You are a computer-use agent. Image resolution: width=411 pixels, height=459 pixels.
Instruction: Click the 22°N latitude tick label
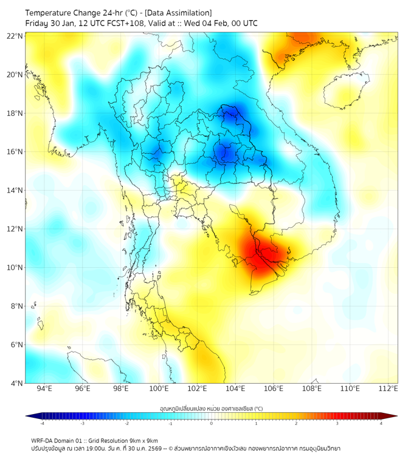tap(15, 36)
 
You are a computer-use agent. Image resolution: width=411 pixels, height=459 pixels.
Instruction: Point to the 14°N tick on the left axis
tap(15, 191)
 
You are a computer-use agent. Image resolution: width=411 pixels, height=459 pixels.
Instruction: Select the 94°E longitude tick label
tap(44, 389)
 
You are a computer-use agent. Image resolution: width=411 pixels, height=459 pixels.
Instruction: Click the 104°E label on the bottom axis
tap(235, 389)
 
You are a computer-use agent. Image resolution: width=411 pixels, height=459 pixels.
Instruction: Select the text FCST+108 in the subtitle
tap(122, 23)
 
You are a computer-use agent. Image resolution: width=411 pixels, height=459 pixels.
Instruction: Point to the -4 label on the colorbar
tap(41, 423)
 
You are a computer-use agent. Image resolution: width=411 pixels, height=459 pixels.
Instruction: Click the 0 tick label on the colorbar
tap(212, 423)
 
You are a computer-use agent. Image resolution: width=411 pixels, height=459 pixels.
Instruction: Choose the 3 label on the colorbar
tap(339, 423)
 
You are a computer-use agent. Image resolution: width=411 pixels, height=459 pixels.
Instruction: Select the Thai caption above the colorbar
tap(211, 408)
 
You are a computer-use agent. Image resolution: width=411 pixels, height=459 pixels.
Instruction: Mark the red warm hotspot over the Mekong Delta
tap(258, 255)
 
